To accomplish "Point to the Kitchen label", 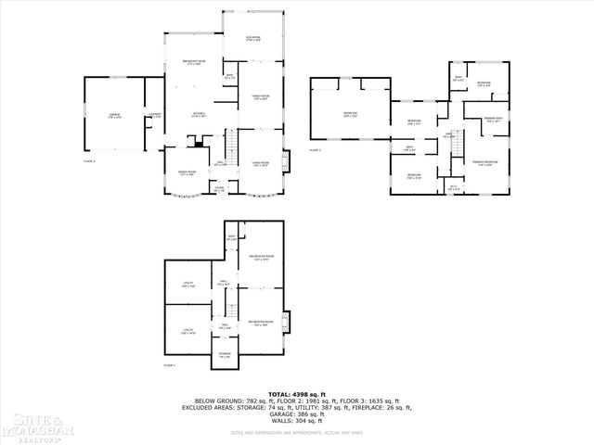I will click(x=199, y=115).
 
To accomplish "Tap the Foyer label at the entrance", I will click(x=220, y=189).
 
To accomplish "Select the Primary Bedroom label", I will click(x=484, y=161).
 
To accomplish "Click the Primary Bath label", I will click(x=493, y=120).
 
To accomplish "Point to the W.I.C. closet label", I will click(x=454, y=188).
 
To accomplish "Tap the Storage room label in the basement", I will click(x=225, y=355).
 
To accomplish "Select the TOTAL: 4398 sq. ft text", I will click(x=297, y=395).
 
